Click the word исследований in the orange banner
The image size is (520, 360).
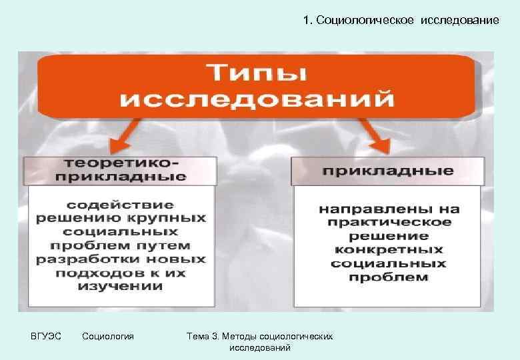[257, 100]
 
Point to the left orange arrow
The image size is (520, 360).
[123, 141]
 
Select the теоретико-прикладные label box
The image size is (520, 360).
[121, 171]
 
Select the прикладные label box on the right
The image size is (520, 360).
[387, 171]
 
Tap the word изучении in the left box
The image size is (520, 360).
[121, 287]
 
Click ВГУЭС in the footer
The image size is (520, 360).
[46, 337]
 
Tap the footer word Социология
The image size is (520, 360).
[107, 337]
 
